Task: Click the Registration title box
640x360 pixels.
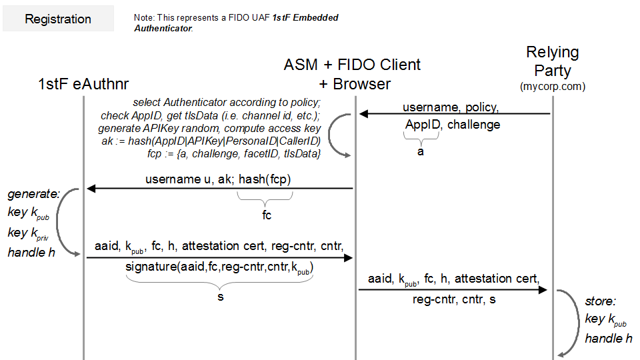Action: pyautogui.click(x=58, y=19)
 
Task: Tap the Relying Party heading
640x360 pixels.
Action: pyautogui.click(x=553, y=61)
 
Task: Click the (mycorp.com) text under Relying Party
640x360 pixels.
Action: pyautogui.click(x=553, y=87)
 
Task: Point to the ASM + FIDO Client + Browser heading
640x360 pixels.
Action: pyautogui.click(x=353, y=74)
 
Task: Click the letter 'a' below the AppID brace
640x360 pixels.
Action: pyautogui.click(x=421, y=151)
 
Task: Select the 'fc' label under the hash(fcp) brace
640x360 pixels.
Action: pyautogui.click(x=267, y=215)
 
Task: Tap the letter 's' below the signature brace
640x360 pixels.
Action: pyautogui.click(x=220, y=297)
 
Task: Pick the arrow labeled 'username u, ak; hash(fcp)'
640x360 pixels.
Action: pyautogui.click(x=220, y=189)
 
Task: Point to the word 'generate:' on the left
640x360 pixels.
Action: pyautogui.click(x=34, y=194)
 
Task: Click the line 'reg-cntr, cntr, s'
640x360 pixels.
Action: pyautogui.click(x=454, y=299)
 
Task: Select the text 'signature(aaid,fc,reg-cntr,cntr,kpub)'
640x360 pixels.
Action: pyautogui.click(x=220, y=269)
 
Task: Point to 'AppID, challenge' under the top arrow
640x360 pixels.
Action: pyautogui.click(x=453, y=125)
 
